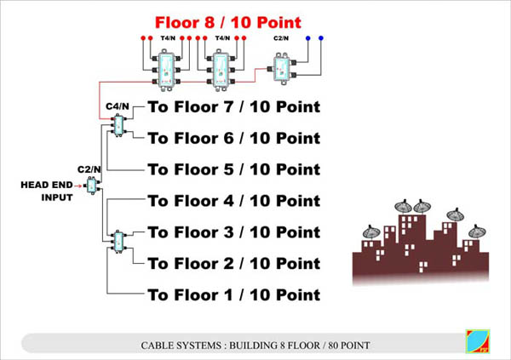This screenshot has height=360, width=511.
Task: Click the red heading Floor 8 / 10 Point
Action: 227,22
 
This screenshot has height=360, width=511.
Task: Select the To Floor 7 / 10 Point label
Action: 234,107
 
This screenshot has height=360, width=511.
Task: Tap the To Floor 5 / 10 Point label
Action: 234,169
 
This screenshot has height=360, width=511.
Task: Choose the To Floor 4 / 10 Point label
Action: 234,201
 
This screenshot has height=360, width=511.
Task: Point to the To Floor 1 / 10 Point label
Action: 234,295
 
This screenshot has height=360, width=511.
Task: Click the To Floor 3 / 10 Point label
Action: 234,232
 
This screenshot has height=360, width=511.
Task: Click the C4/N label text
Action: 118,106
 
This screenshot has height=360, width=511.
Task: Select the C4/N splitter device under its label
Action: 118,125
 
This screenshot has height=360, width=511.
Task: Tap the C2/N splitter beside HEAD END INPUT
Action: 92,186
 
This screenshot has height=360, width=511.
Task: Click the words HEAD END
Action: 47,185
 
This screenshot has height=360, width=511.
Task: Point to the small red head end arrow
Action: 78,186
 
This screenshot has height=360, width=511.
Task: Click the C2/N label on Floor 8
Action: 281,38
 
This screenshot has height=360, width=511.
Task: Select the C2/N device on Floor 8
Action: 282,69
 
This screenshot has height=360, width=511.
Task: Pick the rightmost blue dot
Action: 321,38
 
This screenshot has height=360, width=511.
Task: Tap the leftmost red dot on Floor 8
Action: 143,38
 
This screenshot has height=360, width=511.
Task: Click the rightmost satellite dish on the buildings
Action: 477,231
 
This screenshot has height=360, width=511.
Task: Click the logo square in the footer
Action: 478,341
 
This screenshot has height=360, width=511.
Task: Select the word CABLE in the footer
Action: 154,346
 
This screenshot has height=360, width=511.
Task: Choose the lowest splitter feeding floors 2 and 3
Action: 118,242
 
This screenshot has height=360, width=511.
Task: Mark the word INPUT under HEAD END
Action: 57,197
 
